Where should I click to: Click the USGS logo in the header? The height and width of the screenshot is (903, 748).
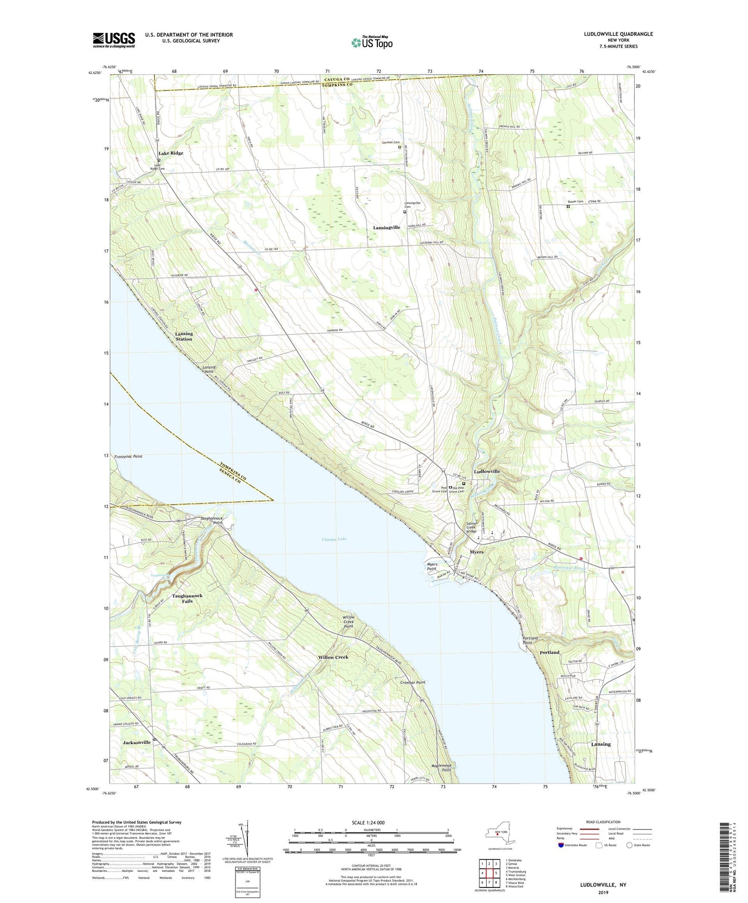pyautogui.click(x=114, y=40)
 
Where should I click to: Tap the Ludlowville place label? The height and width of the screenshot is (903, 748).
pyautogui.click(x=487, y=472)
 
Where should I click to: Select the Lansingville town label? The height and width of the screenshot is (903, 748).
pyautogui.click(x=386, y=228)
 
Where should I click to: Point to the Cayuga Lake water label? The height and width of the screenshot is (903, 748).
pyautogui.click(x=334, y=539)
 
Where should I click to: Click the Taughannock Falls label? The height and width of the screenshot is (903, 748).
pyautogui.click(x=187, y=598)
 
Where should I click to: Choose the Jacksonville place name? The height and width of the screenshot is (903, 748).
pyautogui.click(x=137, y=742)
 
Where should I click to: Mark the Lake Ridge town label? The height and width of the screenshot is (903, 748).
pyautogui.click(x=171, y=153)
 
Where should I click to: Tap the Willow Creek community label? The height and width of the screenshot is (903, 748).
pyautogui.click(x=333, y=657)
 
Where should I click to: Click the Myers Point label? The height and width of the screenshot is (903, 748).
pyautogui.click(x=432, y=566)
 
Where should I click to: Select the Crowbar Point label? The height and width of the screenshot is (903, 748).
pyautogui.click(x=413, y=682)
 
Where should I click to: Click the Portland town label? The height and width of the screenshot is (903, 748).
pyautogui.click(x=549, y=652)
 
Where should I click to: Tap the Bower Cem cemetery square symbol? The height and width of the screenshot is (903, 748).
pyautogui.click(x=568, y=206)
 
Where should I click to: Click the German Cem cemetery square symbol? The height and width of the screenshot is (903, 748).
pyautogui.click(x=399, y=147)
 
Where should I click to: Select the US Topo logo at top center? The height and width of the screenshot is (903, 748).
pyautogui.click(x=371, y=42)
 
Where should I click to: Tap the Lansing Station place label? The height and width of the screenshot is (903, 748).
pyautogui.click(x=183, y=336)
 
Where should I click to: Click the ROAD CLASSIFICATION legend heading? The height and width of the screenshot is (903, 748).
pyautogui.click(x=603, y=822)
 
